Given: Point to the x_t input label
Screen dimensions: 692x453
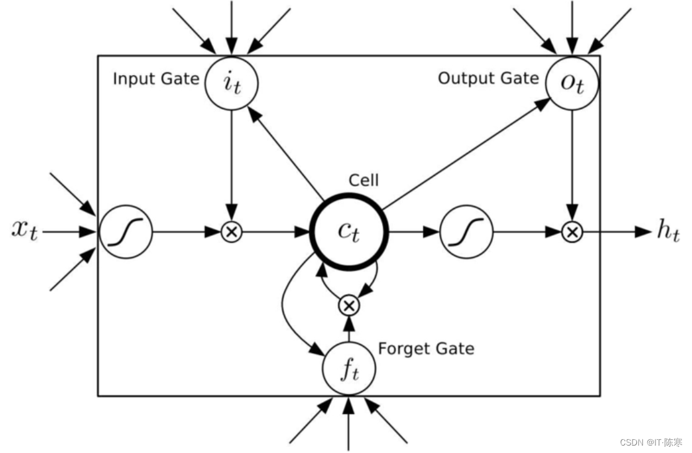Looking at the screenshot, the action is [25, 230].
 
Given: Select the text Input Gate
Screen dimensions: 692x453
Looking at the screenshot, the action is [156, 79].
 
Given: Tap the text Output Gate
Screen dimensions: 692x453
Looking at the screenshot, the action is [489, 78].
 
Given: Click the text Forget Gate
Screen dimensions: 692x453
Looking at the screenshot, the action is [427, 349].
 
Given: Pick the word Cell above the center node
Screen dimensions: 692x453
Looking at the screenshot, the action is [363, 180].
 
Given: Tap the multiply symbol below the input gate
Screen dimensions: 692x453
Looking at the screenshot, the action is [232, 232].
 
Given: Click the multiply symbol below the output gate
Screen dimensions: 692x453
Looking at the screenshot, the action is [572, 232].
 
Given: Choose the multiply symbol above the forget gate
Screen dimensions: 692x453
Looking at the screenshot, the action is [349, 305].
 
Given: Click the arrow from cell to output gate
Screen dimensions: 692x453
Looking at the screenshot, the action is [466, 154].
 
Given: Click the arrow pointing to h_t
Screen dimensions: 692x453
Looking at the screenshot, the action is [617, 232].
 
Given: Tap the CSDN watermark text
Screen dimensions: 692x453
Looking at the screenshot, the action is [651, 442].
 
